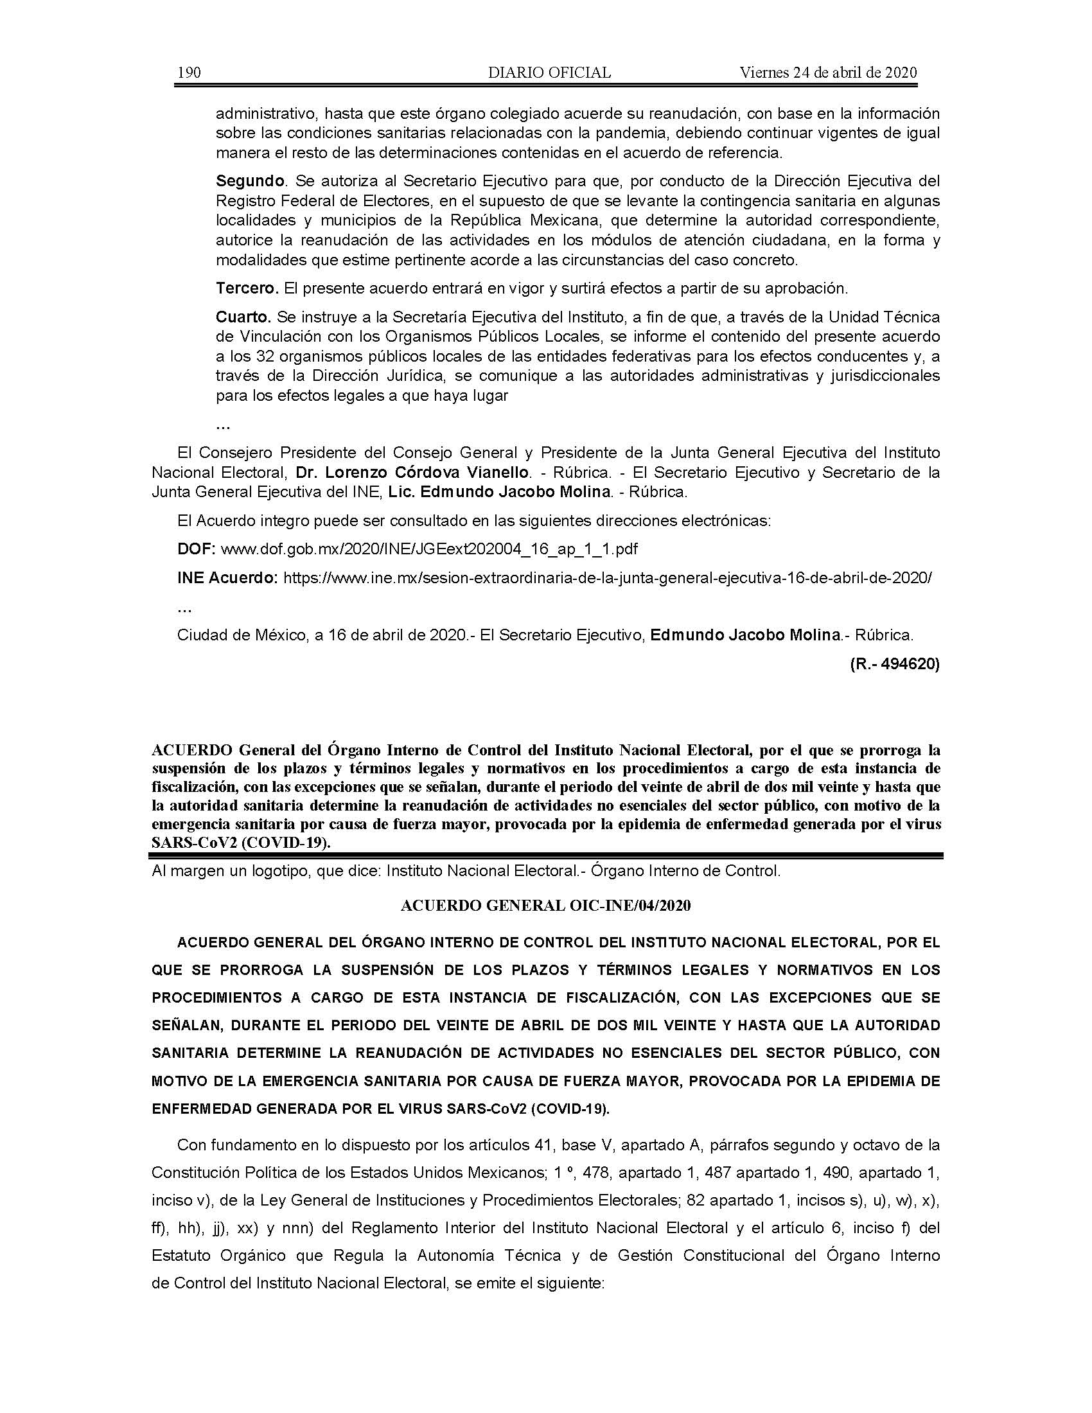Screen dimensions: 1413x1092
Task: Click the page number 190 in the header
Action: point(189,73)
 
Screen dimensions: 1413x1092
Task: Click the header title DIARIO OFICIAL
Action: point(549,73)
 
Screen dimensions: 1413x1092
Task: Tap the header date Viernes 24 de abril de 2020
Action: point(828,73)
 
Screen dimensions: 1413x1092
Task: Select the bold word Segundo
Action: point(251,180)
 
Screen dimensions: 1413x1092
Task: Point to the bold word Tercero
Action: point(247,288)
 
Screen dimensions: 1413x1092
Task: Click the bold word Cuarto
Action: point(243,317)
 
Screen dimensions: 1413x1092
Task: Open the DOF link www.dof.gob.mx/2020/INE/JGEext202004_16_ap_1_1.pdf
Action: point(429,549)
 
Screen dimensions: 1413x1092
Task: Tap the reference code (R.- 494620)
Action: point(895,664)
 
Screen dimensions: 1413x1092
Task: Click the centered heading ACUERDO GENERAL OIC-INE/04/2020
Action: point(545,906)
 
